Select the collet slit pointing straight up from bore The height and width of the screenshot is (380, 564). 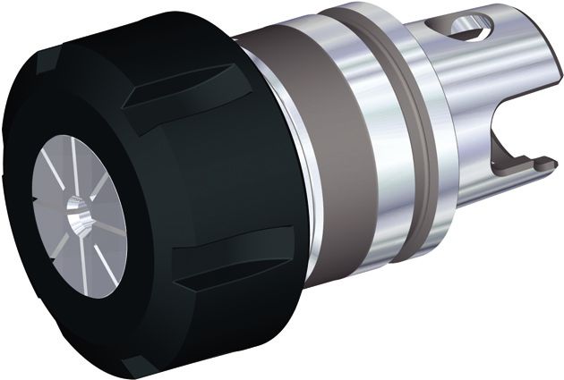point(81,179)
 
